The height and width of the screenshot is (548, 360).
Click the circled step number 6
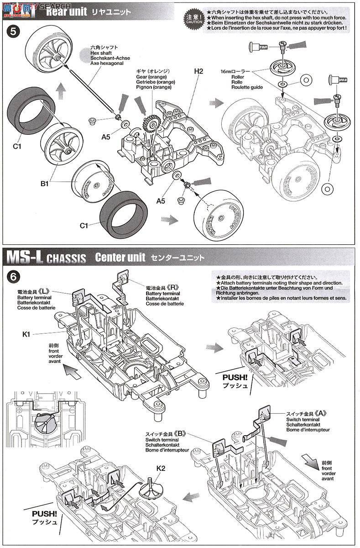(14, 276)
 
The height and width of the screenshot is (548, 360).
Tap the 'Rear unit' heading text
(64, 12)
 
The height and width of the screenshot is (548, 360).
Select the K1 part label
(26, 334)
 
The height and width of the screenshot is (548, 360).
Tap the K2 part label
(161, 468)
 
